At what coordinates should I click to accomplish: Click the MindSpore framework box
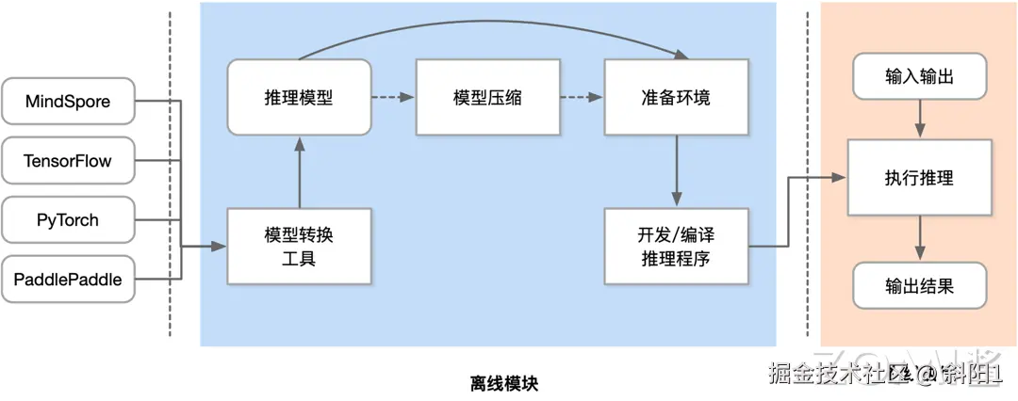click(x=68, y=102)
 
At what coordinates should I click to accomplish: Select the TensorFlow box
click(x=68, y=161)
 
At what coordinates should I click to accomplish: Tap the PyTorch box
click(x=68, y=220)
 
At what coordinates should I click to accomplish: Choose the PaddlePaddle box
click(x=68, y=279)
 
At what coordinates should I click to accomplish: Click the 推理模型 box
click(x=299, y=97)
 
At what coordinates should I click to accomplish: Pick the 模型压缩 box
click(x=487, y=97)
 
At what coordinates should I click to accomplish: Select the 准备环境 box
click(x=676, y=97)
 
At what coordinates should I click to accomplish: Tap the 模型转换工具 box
click(x=299, y=247)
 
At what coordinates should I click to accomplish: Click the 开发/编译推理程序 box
click(x=676, y=247)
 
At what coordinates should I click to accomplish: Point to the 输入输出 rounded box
click(x=919, y=76)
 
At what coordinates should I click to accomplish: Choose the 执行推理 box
click(x=919, y=177)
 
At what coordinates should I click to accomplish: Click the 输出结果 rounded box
click(x=919, y=286)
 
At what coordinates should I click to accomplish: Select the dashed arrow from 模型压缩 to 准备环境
click(x=582, y=97)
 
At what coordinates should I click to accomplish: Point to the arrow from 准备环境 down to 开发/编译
click(x=676, y=170)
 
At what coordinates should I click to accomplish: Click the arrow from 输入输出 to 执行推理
click(x=919, y=119)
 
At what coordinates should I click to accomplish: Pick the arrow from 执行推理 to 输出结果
click(x=919, y=238)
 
